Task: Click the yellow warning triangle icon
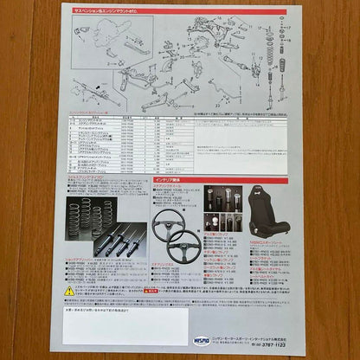pos(69,291)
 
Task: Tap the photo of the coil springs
pos(90,217)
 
